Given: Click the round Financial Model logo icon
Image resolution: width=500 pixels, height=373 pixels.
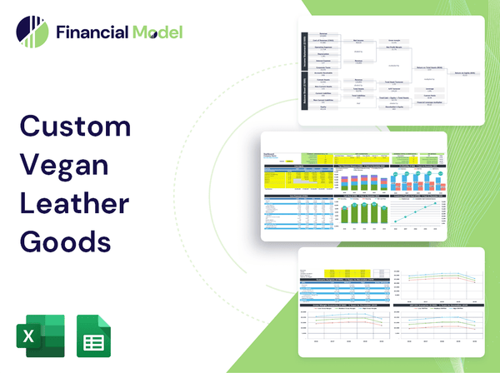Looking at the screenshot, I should click(x=31, y=32).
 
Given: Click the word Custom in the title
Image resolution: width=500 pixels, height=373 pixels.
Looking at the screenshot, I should click(x=75, y=127).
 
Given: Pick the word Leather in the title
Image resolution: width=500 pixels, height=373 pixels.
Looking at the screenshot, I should click(x=76, y=203).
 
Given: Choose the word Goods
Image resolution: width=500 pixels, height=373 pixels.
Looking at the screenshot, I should click(x=64, y=241).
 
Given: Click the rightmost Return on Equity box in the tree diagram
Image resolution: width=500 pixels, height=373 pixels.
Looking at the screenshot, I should click(x=464, y=73).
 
